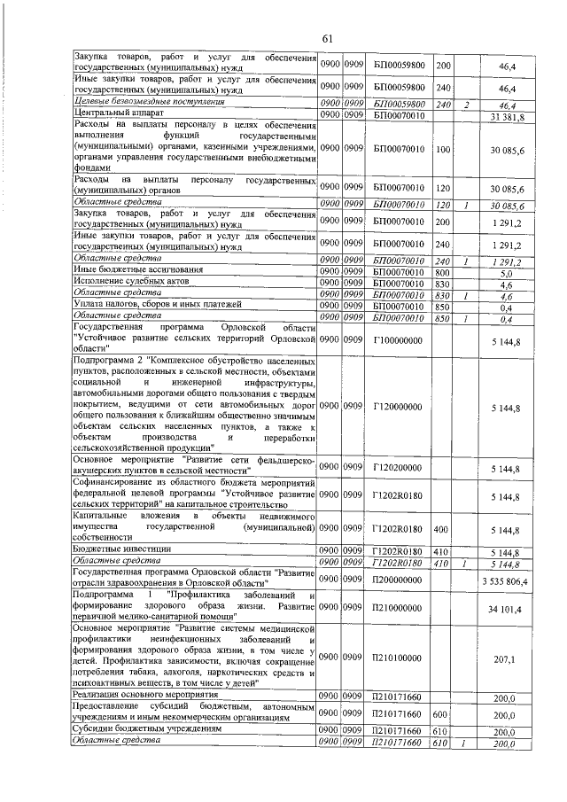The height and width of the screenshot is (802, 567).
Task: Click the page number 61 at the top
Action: [x=326, y=38]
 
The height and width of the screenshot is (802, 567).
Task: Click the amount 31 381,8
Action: [x=508, y=116]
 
